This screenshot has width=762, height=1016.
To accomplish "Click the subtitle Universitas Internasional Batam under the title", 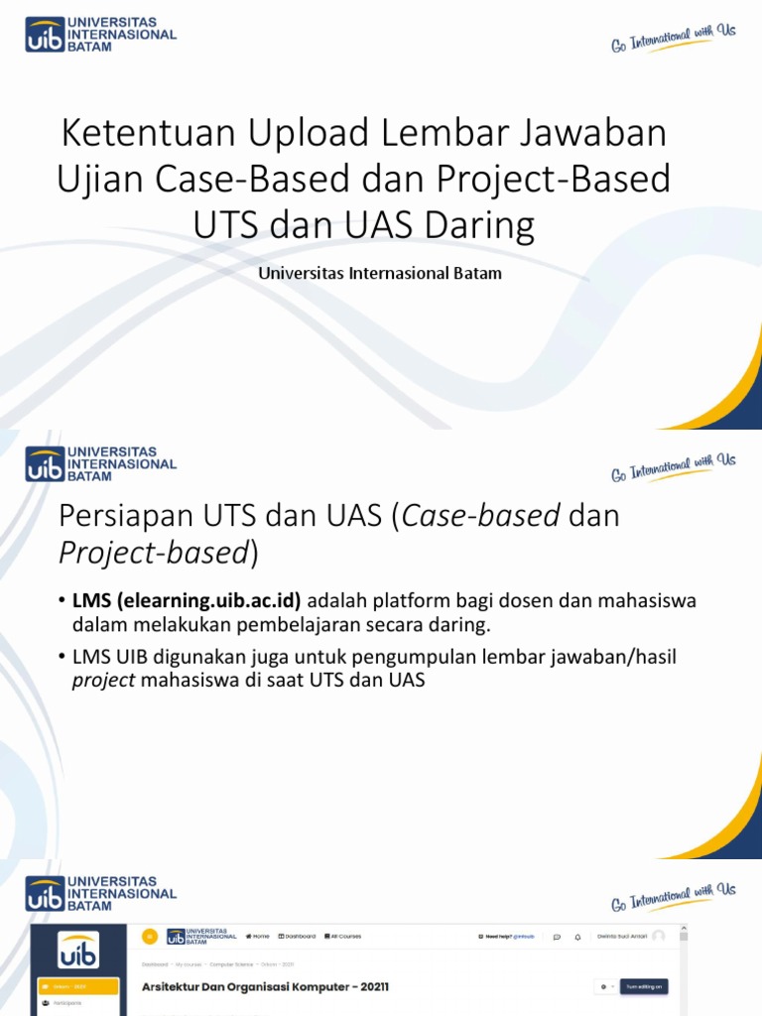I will click(x=380, y=273).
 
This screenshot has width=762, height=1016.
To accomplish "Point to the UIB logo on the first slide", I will click(x=99, y=33).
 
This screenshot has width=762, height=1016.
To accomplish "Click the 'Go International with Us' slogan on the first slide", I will click(x=673, y=38).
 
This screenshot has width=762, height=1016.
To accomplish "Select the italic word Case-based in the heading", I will click(x=483, y=516).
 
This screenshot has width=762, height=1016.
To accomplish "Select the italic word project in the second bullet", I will click(x=103, y=682).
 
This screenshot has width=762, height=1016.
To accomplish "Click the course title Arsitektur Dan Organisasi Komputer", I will click(x=266, y=987).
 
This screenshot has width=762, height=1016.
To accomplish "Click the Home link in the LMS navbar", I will click(x=258, y=936).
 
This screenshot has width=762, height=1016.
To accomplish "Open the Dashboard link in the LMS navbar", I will click(x=297, y=936).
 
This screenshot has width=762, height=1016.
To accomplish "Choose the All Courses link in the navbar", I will click(x=343, y=936).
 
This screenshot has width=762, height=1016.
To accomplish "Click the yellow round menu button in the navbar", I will click(x=150, y=936).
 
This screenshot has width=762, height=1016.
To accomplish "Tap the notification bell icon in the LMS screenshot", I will click(x=579, y=936).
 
